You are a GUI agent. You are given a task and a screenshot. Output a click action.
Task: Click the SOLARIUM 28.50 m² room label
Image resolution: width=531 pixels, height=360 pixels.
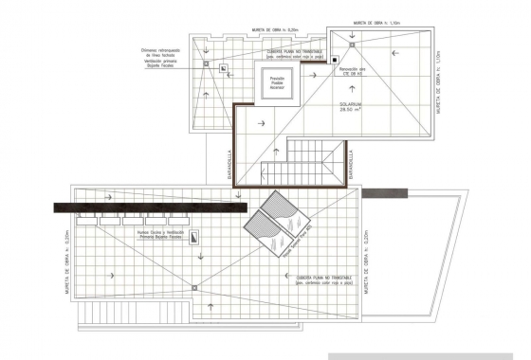point(353,107)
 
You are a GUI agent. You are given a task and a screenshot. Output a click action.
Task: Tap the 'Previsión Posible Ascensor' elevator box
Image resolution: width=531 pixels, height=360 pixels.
point(277,84)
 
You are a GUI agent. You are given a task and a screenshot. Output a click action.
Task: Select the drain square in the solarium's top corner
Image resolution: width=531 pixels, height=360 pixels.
point(353,43)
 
